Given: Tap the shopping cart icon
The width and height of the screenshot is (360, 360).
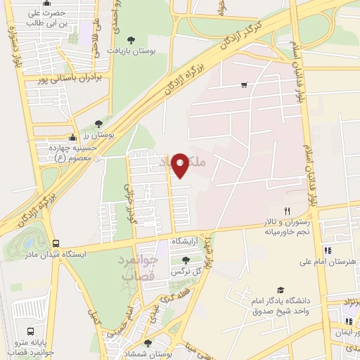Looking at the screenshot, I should tap(244, 85).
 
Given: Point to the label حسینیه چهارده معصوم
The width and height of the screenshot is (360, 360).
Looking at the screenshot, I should tap(68, 153).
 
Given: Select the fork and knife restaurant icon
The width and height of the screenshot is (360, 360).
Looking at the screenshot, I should tap(287, 211).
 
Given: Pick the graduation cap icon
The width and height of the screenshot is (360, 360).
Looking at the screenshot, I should tap(280, 290).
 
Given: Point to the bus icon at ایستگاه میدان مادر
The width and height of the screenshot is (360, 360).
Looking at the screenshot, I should tap(56, 244).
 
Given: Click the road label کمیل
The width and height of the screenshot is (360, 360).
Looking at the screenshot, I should tap(92, 316).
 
